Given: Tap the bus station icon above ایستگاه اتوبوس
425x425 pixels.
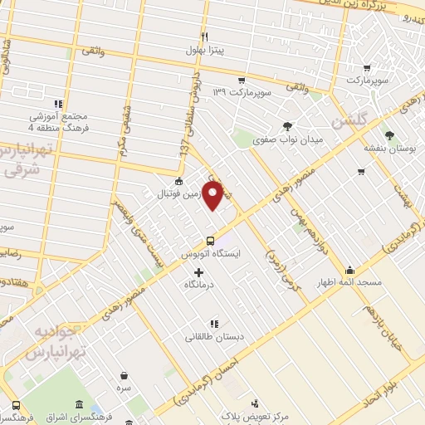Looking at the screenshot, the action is tap(210, 242).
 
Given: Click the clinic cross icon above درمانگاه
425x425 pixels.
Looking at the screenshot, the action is tap(198, 272).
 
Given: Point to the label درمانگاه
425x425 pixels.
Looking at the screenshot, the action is tap(199, 284).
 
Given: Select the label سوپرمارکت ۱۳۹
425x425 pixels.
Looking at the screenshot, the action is tap(242, 91).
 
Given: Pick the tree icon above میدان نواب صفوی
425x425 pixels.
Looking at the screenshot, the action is tap(288, 126).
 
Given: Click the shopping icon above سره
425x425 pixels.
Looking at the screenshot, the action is tap(124, 375).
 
